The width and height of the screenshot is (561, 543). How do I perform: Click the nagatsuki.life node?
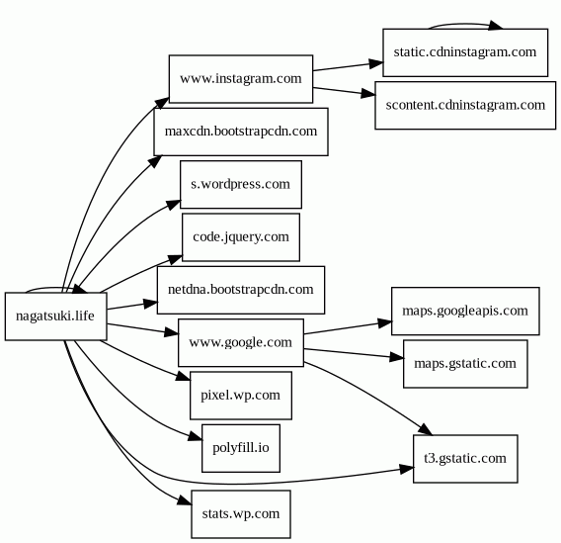click(56, 317)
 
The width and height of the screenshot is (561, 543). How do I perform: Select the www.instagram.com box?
click(241, 79)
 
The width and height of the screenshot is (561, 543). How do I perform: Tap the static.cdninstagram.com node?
click(465, 52)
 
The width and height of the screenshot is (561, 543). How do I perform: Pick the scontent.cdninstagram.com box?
click(465, 105)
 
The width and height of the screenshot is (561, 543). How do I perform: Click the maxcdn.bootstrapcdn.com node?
click(241, 132)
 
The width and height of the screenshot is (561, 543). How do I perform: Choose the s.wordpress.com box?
click(241, 185)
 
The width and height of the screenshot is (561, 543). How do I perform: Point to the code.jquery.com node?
click(241, 237)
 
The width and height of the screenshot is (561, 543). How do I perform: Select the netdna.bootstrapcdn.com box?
click(241, 290)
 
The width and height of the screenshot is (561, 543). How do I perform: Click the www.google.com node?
click(241, 343)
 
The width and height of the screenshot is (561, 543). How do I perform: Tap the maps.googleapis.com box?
click(465, 311)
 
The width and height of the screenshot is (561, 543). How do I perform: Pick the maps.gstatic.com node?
click(465, 364)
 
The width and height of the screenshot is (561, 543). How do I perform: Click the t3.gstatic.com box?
click(465, 459)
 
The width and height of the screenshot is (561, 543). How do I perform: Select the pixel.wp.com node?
click(241, 396)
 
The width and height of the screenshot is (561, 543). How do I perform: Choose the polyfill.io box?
click(241, 448)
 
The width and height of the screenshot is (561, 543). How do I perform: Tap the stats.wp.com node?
click(241, 514)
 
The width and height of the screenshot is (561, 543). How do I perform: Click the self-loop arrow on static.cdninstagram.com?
click(465, 24)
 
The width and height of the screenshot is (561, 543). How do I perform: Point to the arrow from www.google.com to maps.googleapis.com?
click(348, 328)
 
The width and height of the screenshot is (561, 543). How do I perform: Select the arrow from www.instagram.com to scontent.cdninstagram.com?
click(344, 91)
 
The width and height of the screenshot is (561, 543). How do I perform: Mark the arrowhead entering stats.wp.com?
click(185, 501)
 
